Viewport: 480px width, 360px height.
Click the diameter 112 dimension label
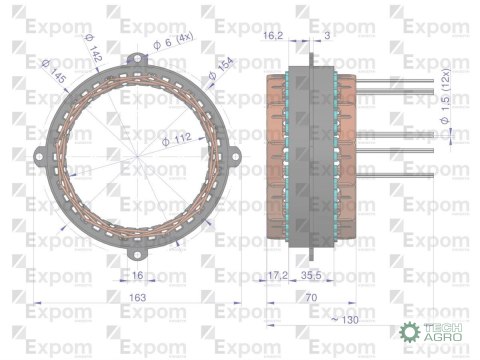point(181,144)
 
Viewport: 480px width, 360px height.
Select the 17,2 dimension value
point(278,273)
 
